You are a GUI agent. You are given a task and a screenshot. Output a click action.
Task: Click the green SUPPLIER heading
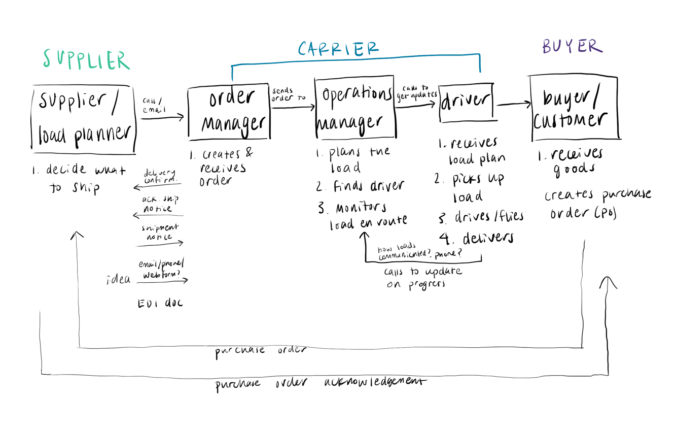point(86,60)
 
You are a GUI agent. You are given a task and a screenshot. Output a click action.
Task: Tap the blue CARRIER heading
point(338,49)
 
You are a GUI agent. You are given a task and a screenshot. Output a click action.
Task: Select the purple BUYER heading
point(572,47)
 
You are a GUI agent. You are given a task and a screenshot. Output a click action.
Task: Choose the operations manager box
point(354,108)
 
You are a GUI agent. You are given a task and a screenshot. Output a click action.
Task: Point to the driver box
point(466,102)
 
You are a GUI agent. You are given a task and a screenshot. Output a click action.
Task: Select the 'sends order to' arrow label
point(288,94)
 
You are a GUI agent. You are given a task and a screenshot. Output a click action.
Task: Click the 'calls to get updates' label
point(417,92)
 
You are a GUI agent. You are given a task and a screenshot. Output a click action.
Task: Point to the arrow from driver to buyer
point(513,105)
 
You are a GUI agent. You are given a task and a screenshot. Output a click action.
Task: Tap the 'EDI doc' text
point(160,304)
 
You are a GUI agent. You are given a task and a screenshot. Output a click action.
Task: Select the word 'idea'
point(118,280)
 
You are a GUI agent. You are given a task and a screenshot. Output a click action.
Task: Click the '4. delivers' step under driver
point(476,238)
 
